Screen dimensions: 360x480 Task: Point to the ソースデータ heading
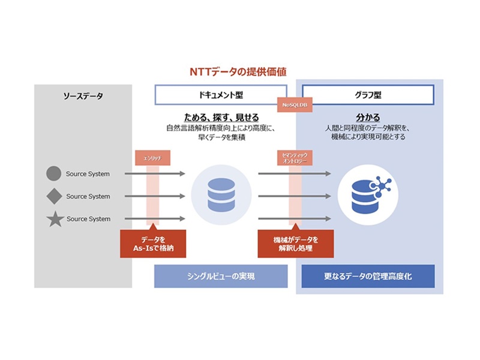point(83,95)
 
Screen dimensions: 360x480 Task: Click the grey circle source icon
point(54,174)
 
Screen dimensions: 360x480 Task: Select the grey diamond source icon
point(54,196)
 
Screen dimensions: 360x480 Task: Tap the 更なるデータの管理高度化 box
point(367,277)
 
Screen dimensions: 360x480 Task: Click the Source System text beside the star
point(88,219)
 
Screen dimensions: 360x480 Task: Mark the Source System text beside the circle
point(88,174)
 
